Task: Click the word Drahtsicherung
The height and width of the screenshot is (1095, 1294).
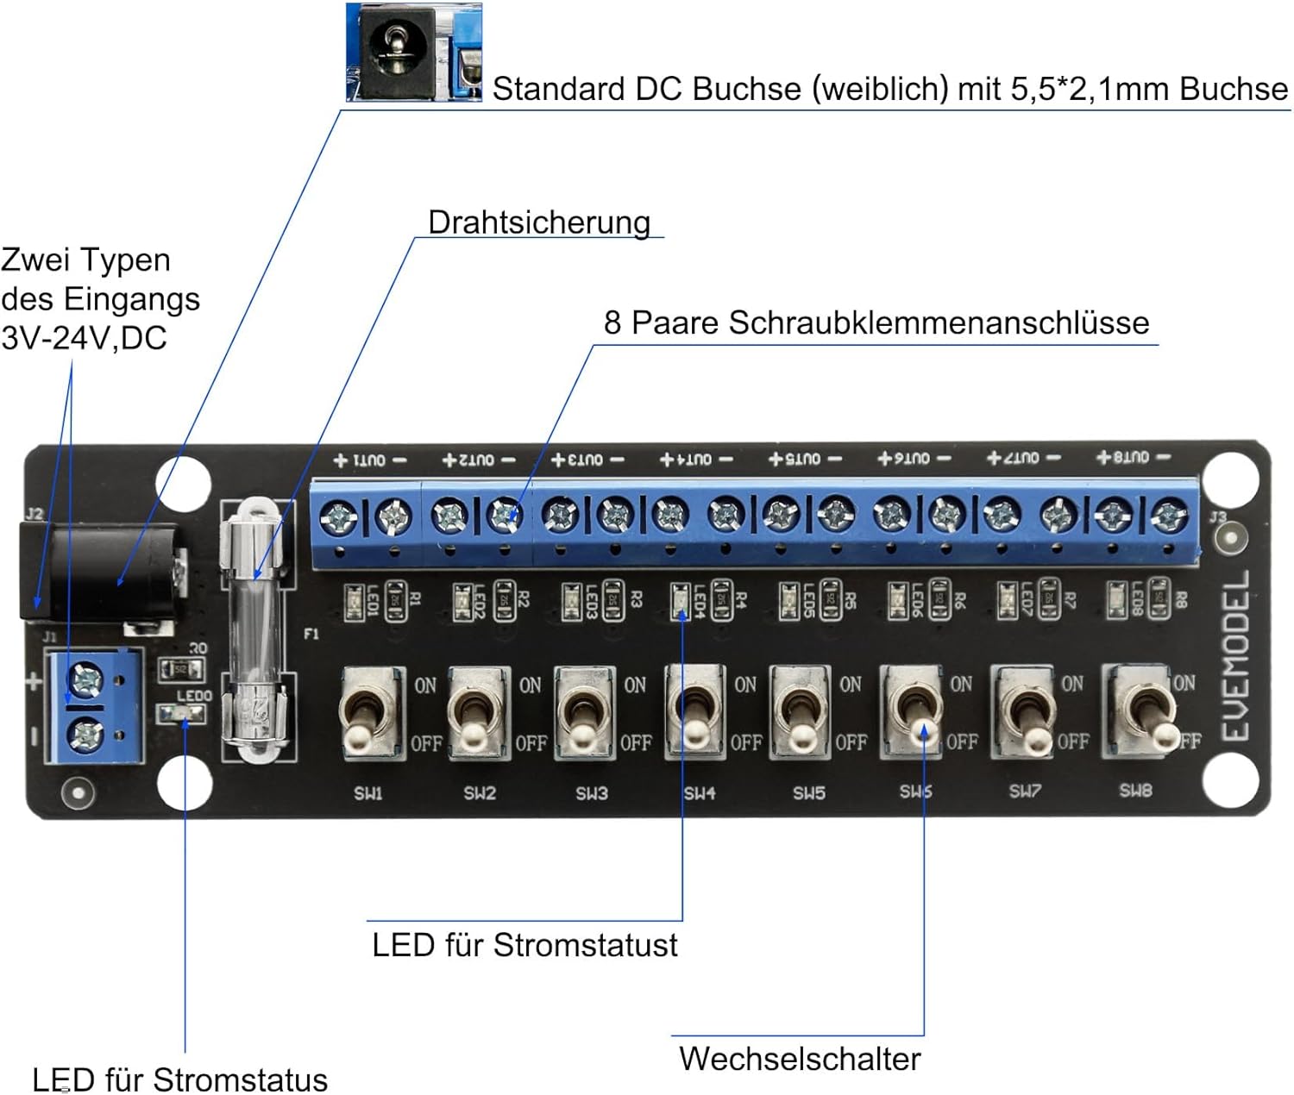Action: coord(539,222)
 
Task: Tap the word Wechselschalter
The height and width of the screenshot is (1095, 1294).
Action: coord(800,1059)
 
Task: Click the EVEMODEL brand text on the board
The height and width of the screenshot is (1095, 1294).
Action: coord(1235,655)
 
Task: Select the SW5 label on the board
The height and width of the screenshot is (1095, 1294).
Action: coord(809,792)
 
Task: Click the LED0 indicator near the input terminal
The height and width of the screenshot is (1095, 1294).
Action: coord(180,713)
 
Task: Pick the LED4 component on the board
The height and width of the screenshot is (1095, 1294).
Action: coord(680,601)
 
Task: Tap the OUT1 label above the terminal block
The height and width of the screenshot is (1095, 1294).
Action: coord(370,460)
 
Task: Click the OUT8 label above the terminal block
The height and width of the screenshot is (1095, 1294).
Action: coord(1133,457)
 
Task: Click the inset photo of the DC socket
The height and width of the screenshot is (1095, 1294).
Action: coord(413,53)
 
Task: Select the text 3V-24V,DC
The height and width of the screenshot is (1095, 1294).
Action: coord(84,338)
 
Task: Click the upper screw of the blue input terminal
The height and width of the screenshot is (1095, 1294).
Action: coord(86,680)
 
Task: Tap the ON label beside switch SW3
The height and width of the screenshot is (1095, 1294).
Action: coord(635,685)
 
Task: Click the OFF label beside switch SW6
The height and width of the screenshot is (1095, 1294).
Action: coord(962,741)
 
